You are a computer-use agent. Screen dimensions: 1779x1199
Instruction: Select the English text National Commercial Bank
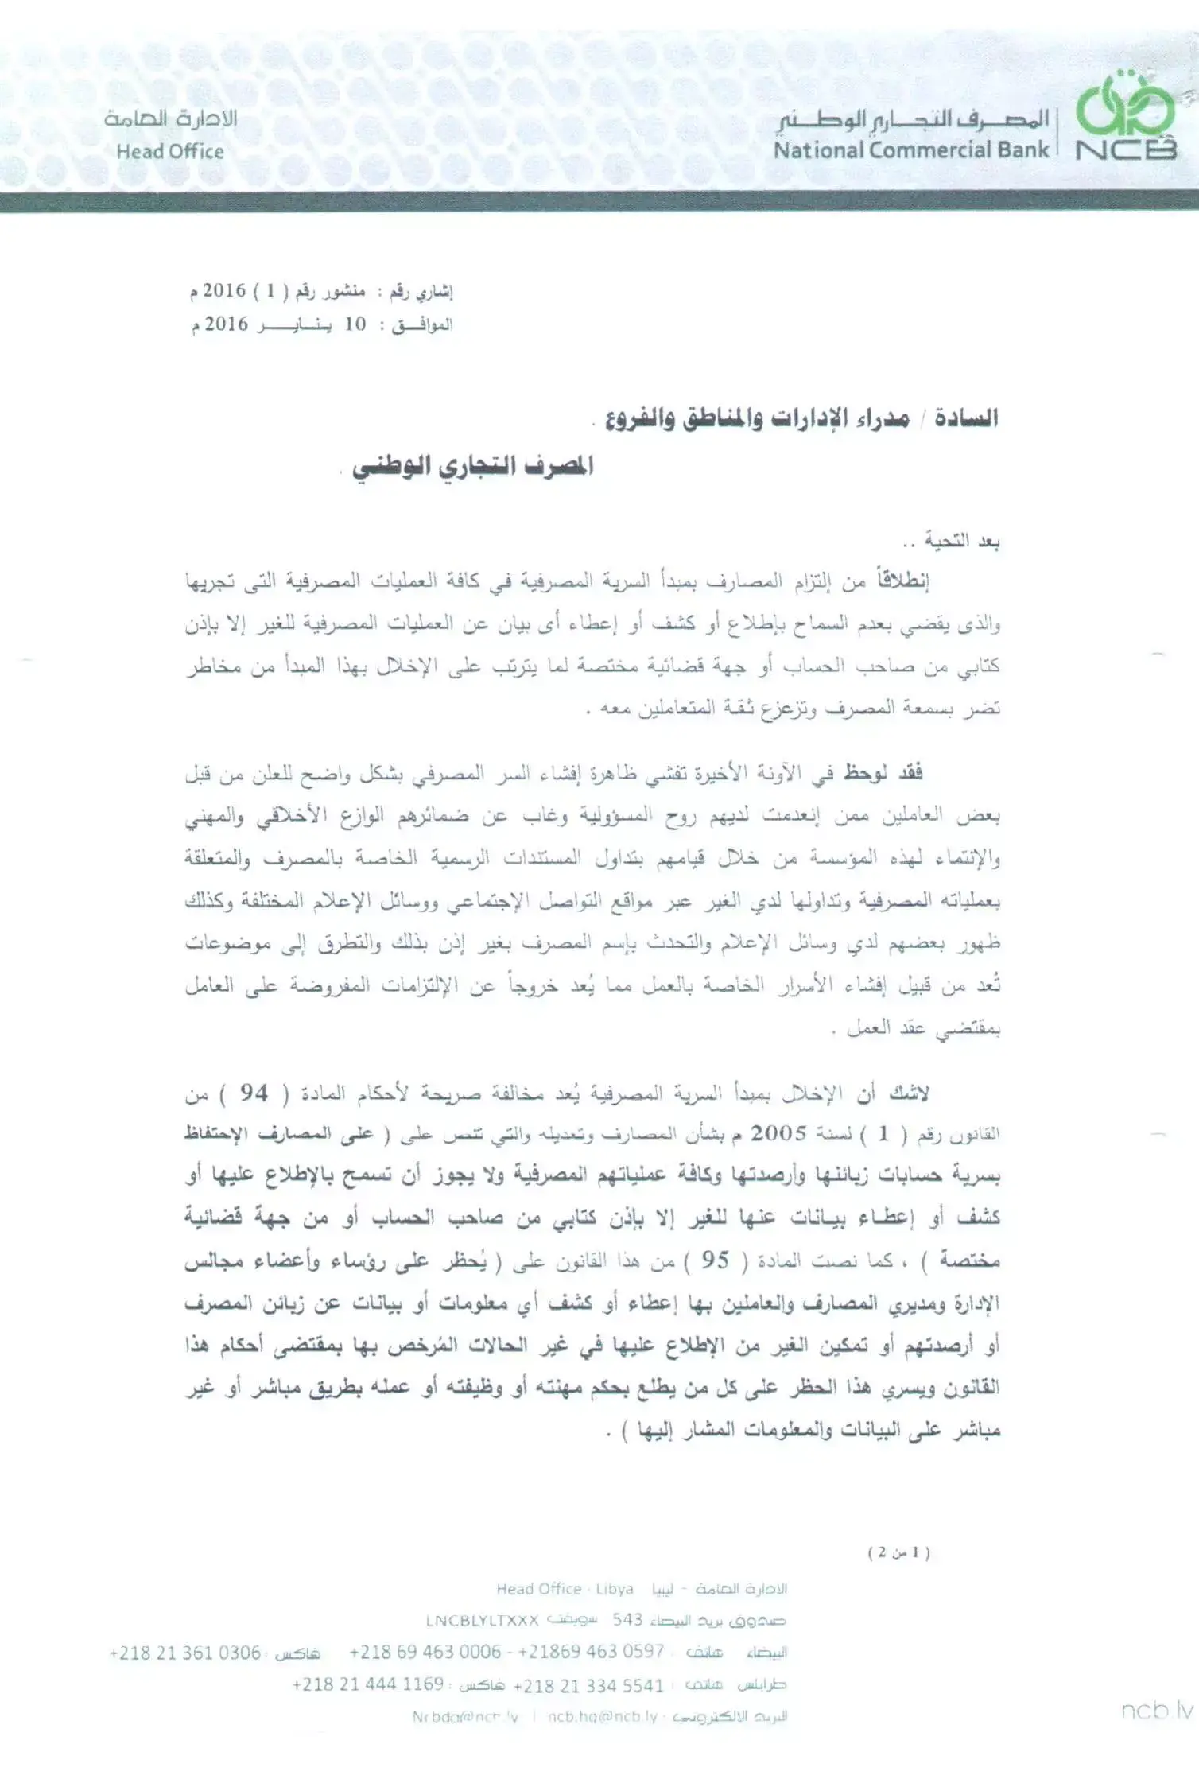[x=911, y=150]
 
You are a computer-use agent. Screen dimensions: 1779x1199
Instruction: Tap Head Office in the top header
[x=170, y=151]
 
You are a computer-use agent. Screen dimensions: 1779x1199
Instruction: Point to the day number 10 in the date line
[x=355, y=324]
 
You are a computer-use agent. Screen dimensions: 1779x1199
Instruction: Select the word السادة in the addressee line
[x=966, y=418]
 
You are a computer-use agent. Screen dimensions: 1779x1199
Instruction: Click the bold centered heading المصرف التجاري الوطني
[x=473, y=466]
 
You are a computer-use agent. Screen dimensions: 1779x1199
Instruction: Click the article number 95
[x=715, y=1260]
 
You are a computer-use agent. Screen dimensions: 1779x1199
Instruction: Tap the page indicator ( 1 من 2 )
[x=899, y=1552]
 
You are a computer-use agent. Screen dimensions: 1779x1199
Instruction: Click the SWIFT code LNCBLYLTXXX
[x=483, y=1620]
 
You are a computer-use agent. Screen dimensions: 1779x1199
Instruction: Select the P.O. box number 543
[x=627, y=1619]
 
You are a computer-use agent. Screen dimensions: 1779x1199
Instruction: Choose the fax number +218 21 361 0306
[x=184, y=1653]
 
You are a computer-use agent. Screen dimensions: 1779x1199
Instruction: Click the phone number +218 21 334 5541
[x=588, y=1685]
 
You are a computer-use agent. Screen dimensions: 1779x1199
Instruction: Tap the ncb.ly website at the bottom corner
[x=1158, y=1711]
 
